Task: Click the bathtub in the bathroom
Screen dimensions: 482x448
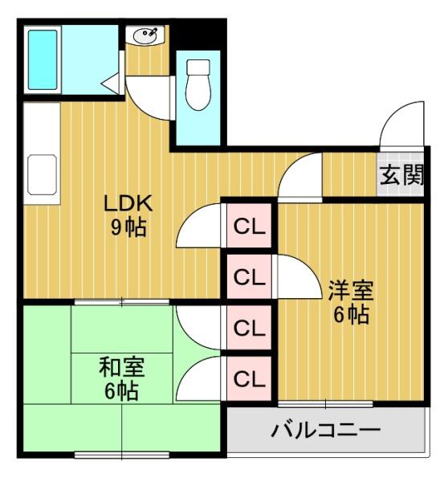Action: coord(41,59)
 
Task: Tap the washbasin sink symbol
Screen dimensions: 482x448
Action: coord(145,35)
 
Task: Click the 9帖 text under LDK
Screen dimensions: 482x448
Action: coord(127,227)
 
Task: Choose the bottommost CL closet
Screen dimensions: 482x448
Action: coord(249,378)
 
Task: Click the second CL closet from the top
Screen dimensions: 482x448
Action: coord(249,277)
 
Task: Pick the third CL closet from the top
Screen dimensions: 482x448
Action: coord(249,328)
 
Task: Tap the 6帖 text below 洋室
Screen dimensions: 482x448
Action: coord(351,315)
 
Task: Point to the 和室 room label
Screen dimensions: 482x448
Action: coord(121,367)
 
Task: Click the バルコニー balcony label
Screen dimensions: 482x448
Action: coord(324,431)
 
